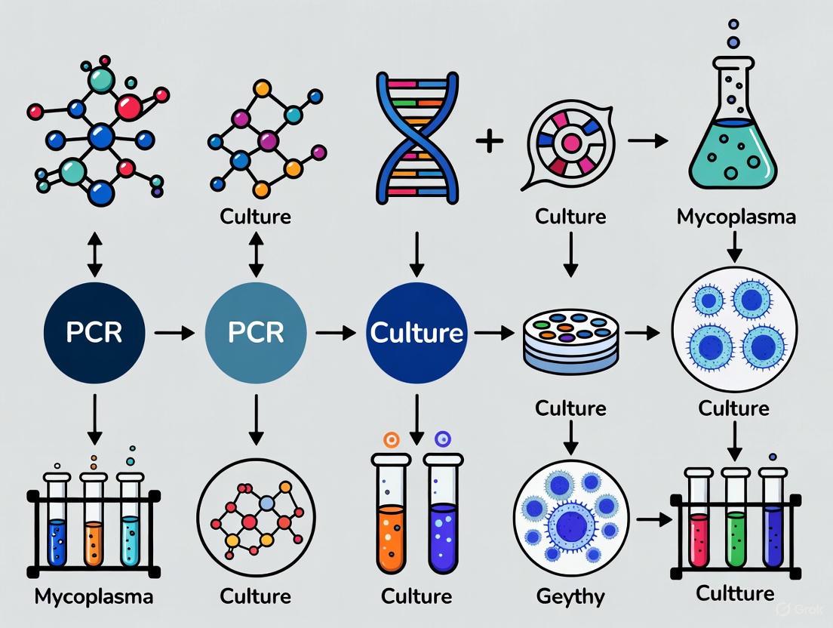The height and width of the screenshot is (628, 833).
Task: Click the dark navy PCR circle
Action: coord(94,332)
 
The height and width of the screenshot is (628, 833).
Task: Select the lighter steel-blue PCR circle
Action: coord(257,332)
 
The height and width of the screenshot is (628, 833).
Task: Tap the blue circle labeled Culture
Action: coord(416,332)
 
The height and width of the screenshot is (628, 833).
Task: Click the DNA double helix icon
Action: coord(416,139)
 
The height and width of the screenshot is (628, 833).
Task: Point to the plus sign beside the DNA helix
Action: coord(490,140)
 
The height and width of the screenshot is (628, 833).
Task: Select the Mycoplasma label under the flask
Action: coord(736,217)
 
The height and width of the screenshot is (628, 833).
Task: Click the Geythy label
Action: coord(570,597)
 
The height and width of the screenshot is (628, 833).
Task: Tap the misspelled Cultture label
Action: coord(736,593)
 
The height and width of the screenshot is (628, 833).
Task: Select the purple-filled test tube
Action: coord(443,521)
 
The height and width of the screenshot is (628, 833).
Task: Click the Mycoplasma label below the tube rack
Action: coord(94,596)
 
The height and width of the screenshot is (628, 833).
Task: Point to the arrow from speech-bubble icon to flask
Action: coord(647,140)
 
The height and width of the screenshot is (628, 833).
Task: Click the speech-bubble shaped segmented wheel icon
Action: coord(569,143)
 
